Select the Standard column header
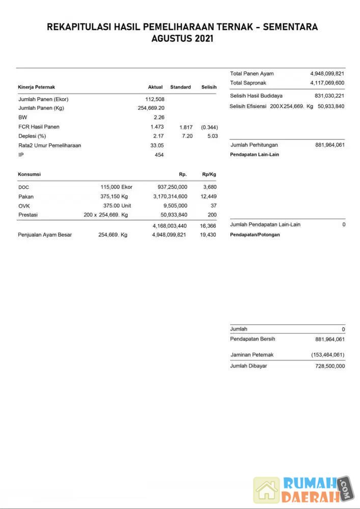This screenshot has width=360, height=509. tap(180, 87)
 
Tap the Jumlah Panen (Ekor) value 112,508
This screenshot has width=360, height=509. tap(155, 99)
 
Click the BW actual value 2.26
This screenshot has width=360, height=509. tap(158, 118)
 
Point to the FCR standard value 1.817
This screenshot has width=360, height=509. tap(186, 127)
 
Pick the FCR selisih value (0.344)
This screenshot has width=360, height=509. tap(209, 127)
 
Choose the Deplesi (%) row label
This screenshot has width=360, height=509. tap(32, 136)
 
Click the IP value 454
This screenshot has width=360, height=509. tap(159, 155)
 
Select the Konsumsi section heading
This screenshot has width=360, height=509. tap(29, 174)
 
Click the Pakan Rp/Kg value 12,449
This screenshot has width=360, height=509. tap(208, 196)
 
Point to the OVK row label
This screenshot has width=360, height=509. tap(23, 206)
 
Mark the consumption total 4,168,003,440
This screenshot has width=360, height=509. tap(170, 225)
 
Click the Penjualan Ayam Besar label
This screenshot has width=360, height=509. tap(45, 235)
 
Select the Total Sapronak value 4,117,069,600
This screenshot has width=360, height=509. tap(327, 83)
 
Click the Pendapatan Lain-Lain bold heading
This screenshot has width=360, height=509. tap(255, 154)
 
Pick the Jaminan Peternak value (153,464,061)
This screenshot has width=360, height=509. tap(327, 355)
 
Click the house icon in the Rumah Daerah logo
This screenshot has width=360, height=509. tap(267, 490)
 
